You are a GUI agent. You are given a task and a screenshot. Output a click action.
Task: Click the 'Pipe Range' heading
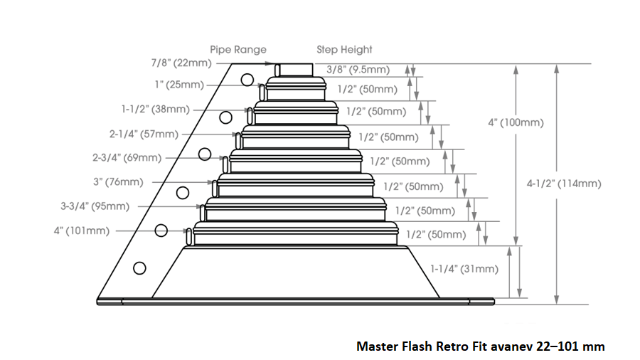click(238, 50)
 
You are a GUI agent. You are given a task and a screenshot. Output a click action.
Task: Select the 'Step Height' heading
click(344, 50)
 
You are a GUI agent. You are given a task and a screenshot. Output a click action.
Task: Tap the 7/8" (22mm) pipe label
click(181, 63)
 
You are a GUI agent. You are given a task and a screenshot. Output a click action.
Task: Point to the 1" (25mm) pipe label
click(179, 85)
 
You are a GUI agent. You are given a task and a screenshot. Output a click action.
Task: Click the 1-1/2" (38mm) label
click(156, 110)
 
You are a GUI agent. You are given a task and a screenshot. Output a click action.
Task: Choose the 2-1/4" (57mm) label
click(144, 134)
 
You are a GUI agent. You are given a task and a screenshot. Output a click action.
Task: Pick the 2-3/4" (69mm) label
click(127, 157)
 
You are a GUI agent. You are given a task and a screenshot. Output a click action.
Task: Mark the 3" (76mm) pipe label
click(118, 181)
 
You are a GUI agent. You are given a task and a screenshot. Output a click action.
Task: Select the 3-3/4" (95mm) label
click(95, 206)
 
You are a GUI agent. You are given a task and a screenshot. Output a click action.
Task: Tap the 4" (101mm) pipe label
click(82, 231)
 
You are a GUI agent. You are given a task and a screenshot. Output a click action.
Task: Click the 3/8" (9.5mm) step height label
click(358, 70)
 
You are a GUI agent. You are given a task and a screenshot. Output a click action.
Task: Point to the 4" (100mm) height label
click(516, 122)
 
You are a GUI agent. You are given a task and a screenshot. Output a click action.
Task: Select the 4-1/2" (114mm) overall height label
click(564, 184)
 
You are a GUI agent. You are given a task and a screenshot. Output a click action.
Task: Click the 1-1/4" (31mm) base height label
click(464, 269)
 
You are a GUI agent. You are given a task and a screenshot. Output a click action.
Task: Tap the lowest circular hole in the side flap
click(139, 268)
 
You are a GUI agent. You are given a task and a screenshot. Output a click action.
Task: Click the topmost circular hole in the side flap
click(247, 80)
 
